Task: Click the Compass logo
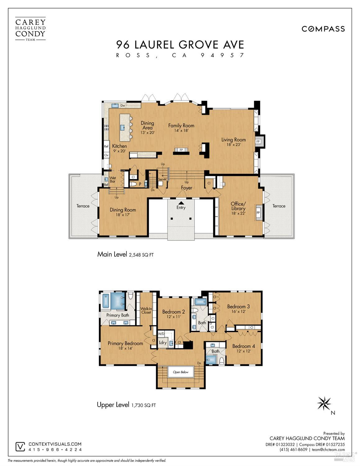(323, 29)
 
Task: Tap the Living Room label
(233, 140)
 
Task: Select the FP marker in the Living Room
(258, 141)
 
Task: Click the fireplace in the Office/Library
(258, 213)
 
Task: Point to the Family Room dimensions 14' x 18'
(181, 130)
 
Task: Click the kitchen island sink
(123, 127)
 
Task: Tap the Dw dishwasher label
(123, 105)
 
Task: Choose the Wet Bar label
(112, 179)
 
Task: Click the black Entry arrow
(181, 203)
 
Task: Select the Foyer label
(186, 188)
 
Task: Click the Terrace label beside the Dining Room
(83, 206)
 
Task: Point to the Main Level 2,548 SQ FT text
(125, 254)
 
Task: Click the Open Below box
(181, 372)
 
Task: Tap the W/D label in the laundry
(161, 334)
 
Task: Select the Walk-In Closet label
(146, 310)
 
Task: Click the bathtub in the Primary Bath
(106, 301)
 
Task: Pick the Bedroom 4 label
(244, 346)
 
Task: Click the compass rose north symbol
(324, 404)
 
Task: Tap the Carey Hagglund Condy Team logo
(30, 29)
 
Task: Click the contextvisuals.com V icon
(20, 447)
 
